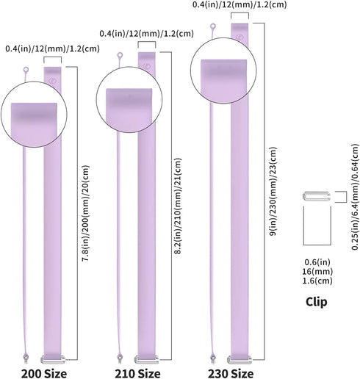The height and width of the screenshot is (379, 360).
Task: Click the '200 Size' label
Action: tap(44, 374)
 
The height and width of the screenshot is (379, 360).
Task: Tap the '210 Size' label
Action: tap(137, 374)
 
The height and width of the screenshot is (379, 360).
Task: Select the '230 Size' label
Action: tap(231, 374)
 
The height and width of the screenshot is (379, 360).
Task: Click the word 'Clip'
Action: tap(317, 302)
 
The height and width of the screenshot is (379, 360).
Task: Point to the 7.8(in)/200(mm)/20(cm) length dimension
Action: tap(85, 214)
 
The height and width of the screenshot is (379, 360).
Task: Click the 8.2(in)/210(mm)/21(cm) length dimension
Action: tap(178, 206)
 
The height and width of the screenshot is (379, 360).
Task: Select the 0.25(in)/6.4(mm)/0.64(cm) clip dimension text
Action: tap(355, 197)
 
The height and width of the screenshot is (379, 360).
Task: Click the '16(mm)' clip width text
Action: tap(317, 272)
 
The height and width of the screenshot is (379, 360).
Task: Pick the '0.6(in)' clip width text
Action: tap(317, 262)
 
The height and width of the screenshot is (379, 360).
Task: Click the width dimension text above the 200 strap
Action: tap(52, 48)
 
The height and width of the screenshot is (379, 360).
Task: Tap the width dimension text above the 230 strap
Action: tap(240, 4)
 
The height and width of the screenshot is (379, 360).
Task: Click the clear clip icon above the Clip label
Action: tap(317, 196)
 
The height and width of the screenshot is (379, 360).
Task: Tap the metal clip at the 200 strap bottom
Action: tap(53, 359)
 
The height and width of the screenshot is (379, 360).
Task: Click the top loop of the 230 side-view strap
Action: tap(213, 26)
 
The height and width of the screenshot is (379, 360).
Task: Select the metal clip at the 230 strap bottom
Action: tap(240, 360)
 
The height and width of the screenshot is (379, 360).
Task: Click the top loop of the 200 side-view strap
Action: tap(26, 70)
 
